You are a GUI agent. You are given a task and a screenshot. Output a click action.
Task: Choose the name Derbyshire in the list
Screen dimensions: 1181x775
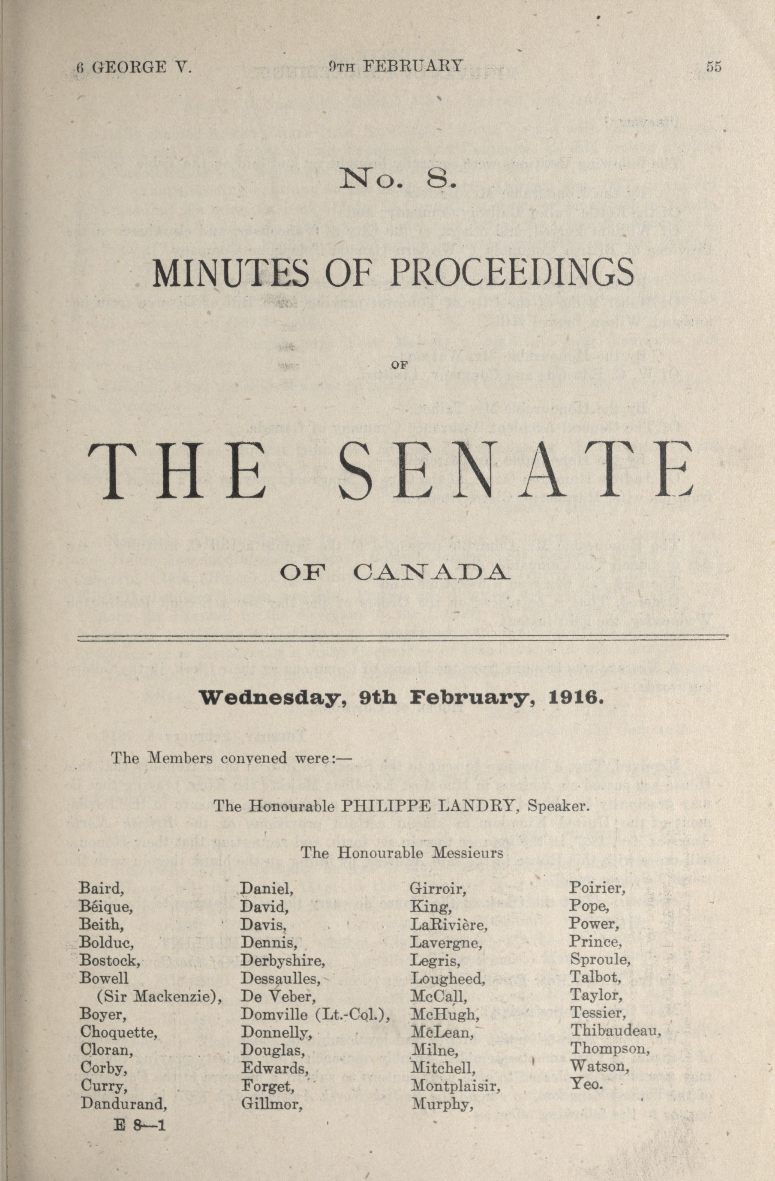pos(282,961)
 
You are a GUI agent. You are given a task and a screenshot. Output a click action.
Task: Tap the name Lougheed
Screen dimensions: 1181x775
pos(448,979)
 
